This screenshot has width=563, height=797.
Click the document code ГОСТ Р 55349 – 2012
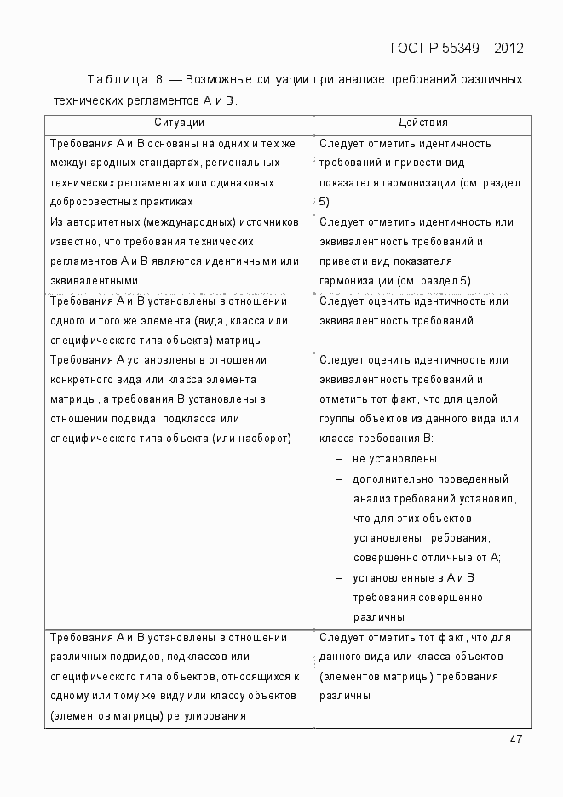[457, 47]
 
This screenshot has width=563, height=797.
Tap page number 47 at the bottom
[515, 739]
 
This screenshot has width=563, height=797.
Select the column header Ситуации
[179, 123]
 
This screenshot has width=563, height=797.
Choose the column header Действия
[422, 123]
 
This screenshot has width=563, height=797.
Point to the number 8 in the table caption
[158, 80]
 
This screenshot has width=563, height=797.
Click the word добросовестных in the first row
[89, 202]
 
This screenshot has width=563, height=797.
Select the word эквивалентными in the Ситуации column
[94, 280]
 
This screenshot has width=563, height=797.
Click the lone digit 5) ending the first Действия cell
[324, 202]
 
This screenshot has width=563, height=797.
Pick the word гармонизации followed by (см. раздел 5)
[354, 280]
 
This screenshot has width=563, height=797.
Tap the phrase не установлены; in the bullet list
[396, 459]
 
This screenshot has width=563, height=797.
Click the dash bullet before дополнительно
[340, 479]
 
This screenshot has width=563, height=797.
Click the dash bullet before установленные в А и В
[340, 577]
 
